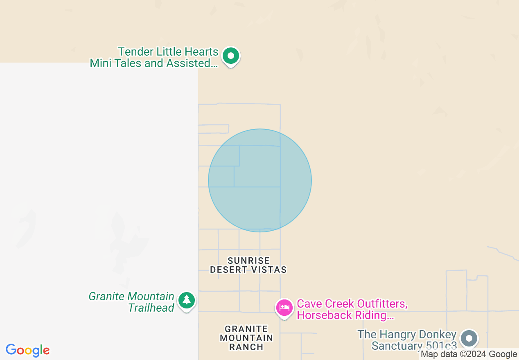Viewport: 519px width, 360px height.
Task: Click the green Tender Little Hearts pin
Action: (231, 56)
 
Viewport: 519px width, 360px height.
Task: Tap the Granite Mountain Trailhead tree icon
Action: (187, 300)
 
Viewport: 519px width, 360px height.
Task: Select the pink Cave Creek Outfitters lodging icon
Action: (284, 307)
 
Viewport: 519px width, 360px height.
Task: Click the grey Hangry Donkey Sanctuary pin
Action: (469, 338)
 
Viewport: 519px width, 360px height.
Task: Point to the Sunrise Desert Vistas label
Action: (248, 265)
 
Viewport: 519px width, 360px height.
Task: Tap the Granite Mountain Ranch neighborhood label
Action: (246, 338)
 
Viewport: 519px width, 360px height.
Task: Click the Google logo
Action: (28, 351)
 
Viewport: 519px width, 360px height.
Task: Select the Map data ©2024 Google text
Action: (469, 354)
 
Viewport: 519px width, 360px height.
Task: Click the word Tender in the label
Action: (136, 52)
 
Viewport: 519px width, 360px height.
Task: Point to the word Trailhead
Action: (151, 308)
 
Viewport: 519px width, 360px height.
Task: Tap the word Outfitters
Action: (382, 304)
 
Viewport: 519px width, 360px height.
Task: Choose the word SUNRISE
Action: (248, 261)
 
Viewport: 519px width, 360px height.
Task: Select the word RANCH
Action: (246, 347)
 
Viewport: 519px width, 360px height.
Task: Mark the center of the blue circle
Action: (260, 180)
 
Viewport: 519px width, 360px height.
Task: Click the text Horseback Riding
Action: (343, 315)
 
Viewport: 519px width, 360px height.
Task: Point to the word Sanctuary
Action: (396, 346)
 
